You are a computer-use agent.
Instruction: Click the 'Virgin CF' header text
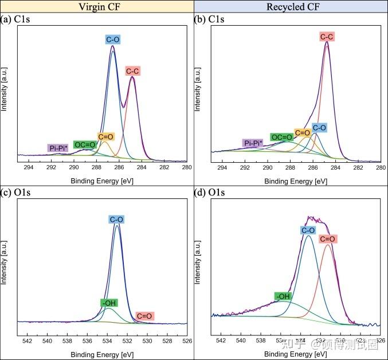(96, 6)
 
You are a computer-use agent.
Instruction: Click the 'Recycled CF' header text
(291, 6)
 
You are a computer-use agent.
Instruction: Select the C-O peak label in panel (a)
(112, 40)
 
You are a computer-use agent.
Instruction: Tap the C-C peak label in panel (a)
(132, 71)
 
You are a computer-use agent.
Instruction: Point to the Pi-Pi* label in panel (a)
(58, 148)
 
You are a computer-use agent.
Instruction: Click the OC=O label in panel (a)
(84, 144)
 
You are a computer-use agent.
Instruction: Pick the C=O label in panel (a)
(105, 137)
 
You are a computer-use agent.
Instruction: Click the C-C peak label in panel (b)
(327, 37)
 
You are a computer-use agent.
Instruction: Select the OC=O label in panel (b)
(281, 138)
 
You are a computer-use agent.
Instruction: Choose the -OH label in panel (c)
(108, 303)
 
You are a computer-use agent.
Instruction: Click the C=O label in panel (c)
(144, 316)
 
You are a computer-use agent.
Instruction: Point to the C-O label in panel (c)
(116, 220)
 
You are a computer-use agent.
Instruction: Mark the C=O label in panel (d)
(327, 238)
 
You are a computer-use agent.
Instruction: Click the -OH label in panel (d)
(283, 296)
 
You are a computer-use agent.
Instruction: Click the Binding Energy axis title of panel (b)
(296, 181)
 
